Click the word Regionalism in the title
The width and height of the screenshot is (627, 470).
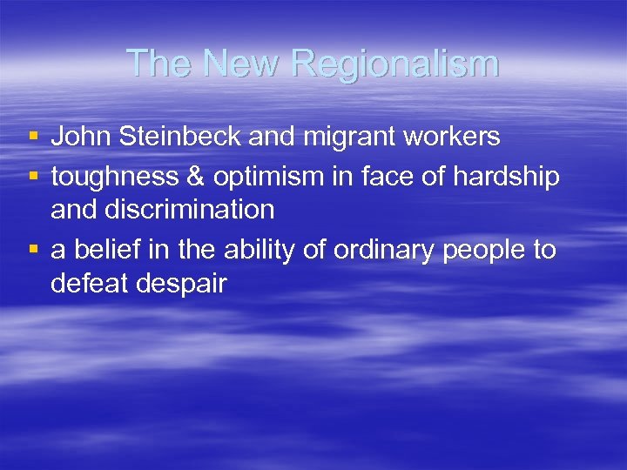pos(395,64)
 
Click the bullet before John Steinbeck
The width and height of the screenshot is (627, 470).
pos(33,138)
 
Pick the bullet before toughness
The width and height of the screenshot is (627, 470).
pos(33,177)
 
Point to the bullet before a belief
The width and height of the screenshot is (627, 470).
pos(33,251)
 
